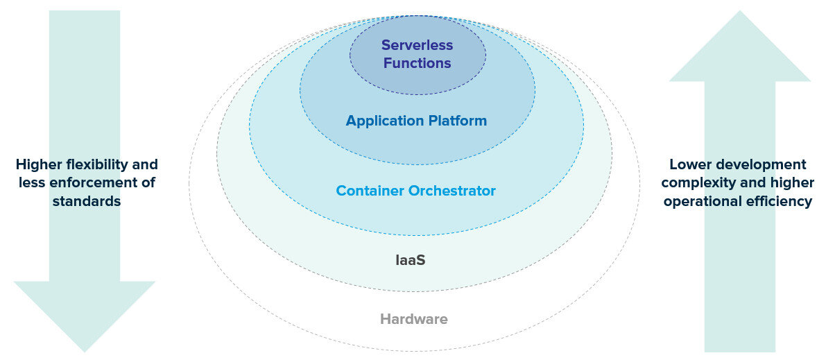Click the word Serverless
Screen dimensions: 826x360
(418, 45)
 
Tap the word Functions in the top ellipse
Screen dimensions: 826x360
(418, 63)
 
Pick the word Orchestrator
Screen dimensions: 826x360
(452, 190)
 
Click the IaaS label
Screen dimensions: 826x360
(411, 260)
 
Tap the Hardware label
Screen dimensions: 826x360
(414, 319)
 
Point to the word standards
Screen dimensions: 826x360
(87, 201)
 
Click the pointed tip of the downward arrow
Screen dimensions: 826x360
(85, 352)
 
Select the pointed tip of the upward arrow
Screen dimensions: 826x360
(739, 11)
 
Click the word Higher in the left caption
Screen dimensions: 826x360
(40, 165)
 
